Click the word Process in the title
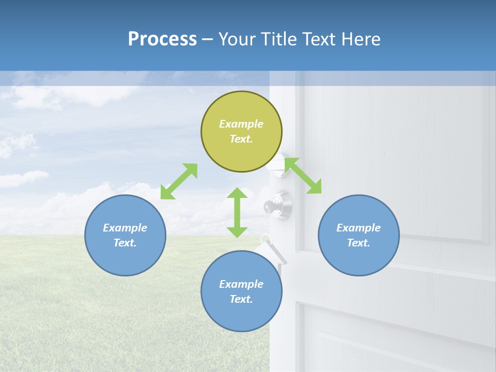click(162, 39)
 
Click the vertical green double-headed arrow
click(237, 212)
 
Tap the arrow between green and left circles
click(179, 181)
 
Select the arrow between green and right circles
click(303, 176)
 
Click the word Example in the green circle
click(241, 124)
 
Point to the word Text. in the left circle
click(125, 243)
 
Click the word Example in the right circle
click(359, 228)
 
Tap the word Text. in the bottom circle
click(241, 299)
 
